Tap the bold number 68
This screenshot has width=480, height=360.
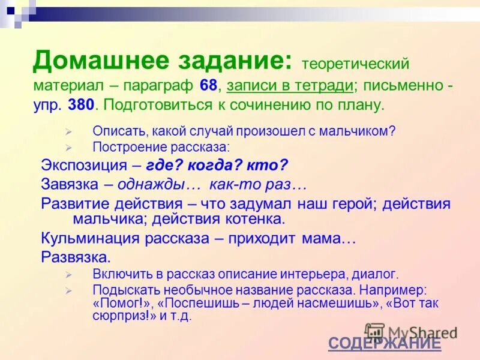pyautogui.click(x=209, y=85)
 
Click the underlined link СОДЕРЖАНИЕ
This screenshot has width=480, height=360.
pyautogui.click(x=384, y=343)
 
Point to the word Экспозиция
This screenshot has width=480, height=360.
pyautogui.click(x=83, y=165)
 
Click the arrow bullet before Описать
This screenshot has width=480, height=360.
pyautogui.click(x=68, y=131)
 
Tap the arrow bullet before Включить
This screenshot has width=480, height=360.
pyautogui.click(x=68, y=275)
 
